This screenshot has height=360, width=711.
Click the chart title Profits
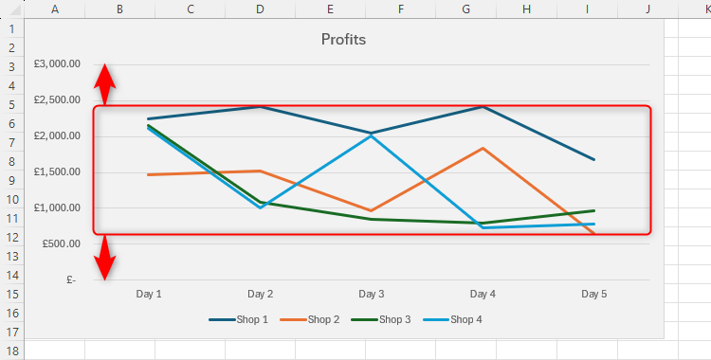click(x=343, y=40)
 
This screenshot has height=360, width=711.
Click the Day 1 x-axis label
click(x=149, y=295)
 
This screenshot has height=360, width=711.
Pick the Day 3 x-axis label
click(x=372, y=295)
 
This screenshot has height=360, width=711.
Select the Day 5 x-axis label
click(x=593, y=295)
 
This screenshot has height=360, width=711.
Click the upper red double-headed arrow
click(x=105, y=85)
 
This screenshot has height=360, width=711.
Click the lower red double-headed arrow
click(x=105, y=257)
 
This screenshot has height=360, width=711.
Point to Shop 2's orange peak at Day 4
click(x=483, y=149)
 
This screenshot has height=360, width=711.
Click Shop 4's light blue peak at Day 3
click(x=372, y=135)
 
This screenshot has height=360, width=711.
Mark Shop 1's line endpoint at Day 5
click(x=593, y=159)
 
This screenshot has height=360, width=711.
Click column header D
click(x=260, y=9)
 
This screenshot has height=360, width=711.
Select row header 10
click(x=11, y=199)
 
